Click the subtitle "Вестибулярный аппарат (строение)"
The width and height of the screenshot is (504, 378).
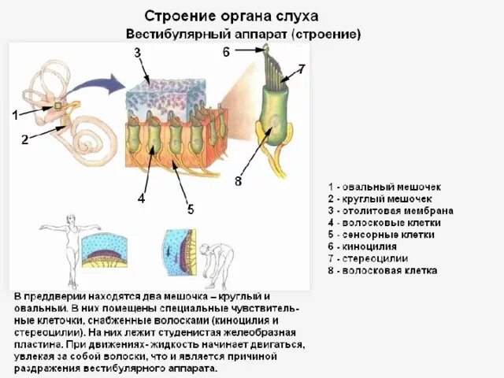tap(244, 35)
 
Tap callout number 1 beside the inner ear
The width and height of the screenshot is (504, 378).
tap(15, 115)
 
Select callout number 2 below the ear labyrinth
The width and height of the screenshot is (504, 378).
tap(24, 140)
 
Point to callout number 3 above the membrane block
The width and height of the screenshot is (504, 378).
tap(136, 53)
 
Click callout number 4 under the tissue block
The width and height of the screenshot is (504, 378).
tap(141, 198)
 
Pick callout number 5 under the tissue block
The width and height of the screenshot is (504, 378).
tap(190, 209)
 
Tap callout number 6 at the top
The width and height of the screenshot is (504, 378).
tap(226, 53)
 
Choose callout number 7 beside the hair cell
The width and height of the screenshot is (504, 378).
tap(301, 69)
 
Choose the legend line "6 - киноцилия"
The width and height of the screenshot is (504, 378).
tap(369, 246)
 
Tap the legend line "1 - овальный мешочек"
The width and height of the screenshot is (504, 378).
tap(384, 187)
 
